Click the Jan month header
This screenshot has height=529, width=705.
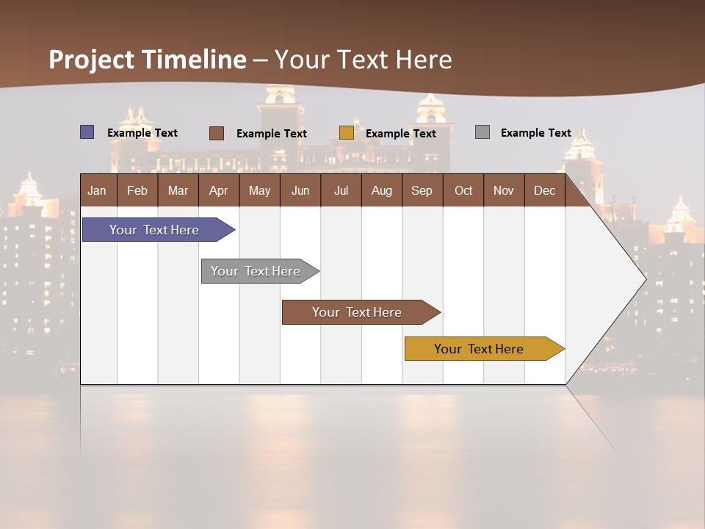[x=98, y=190]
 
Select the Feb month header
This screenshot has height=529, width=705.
[x=137, y=190]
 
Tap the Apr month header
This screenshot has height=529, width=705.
[x=218, y=190]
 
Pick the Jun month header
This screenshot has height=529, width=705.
[x=300, y=190]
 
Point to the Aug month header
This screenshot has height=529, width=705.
[x=381, y=190]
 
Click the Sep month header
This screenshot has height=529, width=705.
[x=422, y=190]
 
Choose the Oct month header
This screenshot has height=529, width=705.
[x=463, y=190]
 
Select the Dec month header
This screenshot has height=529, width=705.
[x=544, y=190]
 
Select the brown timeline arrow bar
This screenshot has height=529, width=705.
[x=358, y=312]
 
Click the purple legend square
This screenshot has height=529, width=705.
[x=87, y=132]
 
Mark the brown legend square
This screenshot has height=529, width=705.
[x=217, y=133]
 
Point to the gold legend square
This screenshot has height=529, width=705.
[x=347, y=133]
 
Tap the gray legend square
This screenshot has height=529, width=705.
[x=482, y=132]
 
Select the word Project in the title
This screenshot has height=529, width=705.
[x=91, y=60]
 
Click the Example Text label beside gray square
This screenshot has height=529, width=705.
[x=535, y=133]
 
